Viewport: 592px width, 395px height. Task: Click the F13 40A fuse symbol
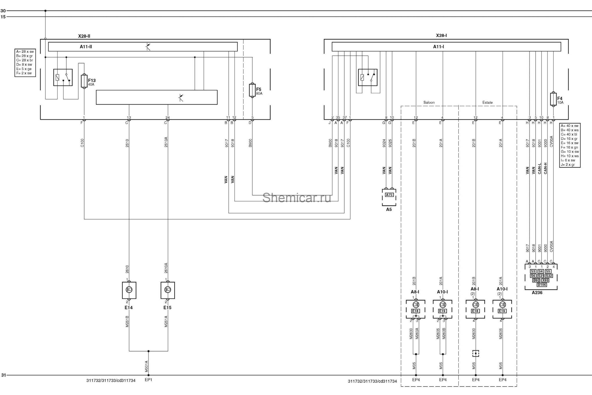tap(84, 81)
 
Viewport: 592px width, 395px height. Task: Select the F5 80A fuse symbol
tap(252, 90)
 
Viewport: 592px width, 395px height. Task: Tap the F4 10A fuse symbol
tap(553, 99)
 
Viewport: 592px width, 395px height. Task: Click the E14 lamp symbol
tap(129, 290)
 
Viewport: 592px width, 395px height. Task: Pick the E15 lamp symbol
tap(168, 290)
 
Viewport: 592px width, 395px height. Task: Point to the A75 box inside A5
tap(389, 195)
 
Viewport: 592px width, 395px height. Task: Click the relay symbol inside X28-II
tap(63, 77)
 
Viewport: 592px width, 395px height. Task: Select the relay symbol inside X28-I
tap(368, 77)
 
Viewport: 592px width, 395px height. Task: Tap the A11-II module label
tap(86, 47)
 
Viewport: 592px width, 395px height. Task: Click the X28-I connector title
tap(442, 36)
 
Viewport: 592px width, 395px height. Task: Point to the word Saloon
tap(429, 102)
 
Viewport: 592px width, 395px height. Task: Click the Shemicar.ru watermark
tap(297, 197)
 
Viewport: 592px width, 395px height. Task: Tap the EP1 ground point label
tap(148, 380)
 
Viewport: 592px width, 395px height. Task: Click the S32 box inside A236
tap(549, 276)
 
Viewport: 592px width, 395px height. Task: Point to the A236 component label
tap(537, 293)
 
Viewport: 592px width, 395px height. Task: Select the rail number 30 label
tap(3, 11)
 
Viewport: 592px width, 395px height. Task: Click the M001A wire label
tap(146, 366)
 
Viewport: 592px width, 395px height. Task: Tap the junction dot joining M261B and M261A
tap(148, 351)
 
